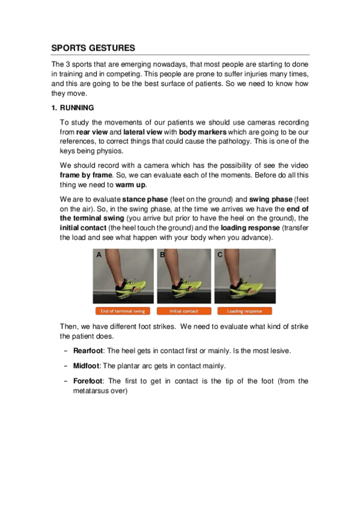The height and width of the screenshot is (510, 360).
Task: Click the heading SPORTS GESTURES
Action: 93,48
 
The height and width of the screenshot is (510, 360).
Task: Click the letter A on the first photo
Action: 99,256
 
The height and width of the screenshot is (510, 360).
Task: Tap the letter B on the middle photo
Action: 162,256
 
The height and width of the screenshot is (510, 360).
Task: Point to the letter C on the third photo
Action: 220,256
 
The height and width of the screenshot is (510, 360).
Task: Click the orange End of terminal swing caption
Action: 123,311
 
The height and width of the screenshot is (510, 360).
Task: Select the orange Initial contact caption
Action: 183,311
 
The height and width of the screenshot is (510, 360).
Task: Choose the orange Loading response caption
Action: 243,311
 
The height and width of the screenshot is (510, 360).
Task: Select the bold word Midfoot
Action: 87,366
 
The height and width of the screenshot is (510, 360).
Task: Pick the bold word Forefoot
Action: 88,381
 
